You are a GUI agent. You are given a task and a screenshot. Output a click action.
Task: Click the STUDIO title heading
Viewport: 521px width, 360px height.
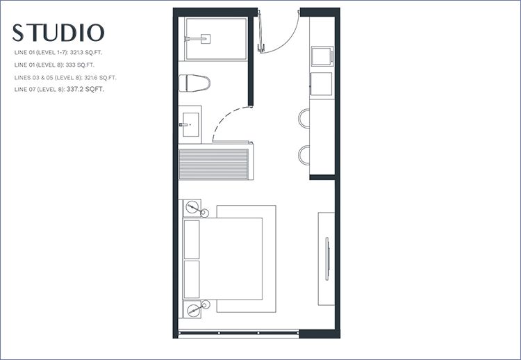58,33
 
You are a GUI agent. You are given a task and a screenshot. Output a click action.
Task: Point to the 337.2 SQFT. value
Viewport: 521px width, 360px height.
85,89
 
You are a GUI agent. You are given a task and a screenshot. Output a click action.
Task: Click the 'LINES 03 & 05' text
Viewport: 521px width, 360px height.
33,77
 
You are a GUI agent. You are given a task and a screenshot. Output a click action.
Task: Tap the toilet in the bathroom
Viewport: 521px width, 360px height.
195,83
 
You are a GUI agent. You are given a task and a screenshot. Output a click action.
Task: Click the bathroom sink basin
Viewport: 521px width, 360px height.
191,124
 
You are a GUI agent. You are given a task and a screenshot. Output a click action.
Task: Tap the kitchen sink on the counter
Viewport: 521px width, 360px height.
322,56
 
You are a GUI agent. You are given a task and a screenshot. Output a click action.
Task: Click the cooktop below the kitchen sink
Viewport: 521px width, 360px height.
322,84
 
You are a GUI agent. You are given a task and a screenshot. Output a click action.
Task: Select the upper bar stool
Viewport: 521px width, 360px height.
304,118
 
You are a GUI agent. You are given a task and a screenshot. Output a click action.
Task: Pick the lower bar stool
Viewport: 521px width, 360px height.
304,155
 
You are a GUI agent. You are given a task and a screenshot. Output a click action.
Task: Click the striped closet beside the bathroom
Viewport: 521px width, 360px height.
214,164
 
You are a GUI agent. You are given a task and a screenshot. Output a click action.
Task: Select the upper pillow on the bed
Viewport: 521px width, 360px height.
192,239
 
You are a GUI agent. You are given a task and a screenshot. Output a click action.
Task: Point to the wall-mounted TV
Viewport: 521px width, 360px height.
327,259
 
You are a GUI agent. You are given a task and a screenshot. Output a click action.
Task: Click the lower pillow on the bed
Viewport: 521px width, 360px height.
192,279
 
